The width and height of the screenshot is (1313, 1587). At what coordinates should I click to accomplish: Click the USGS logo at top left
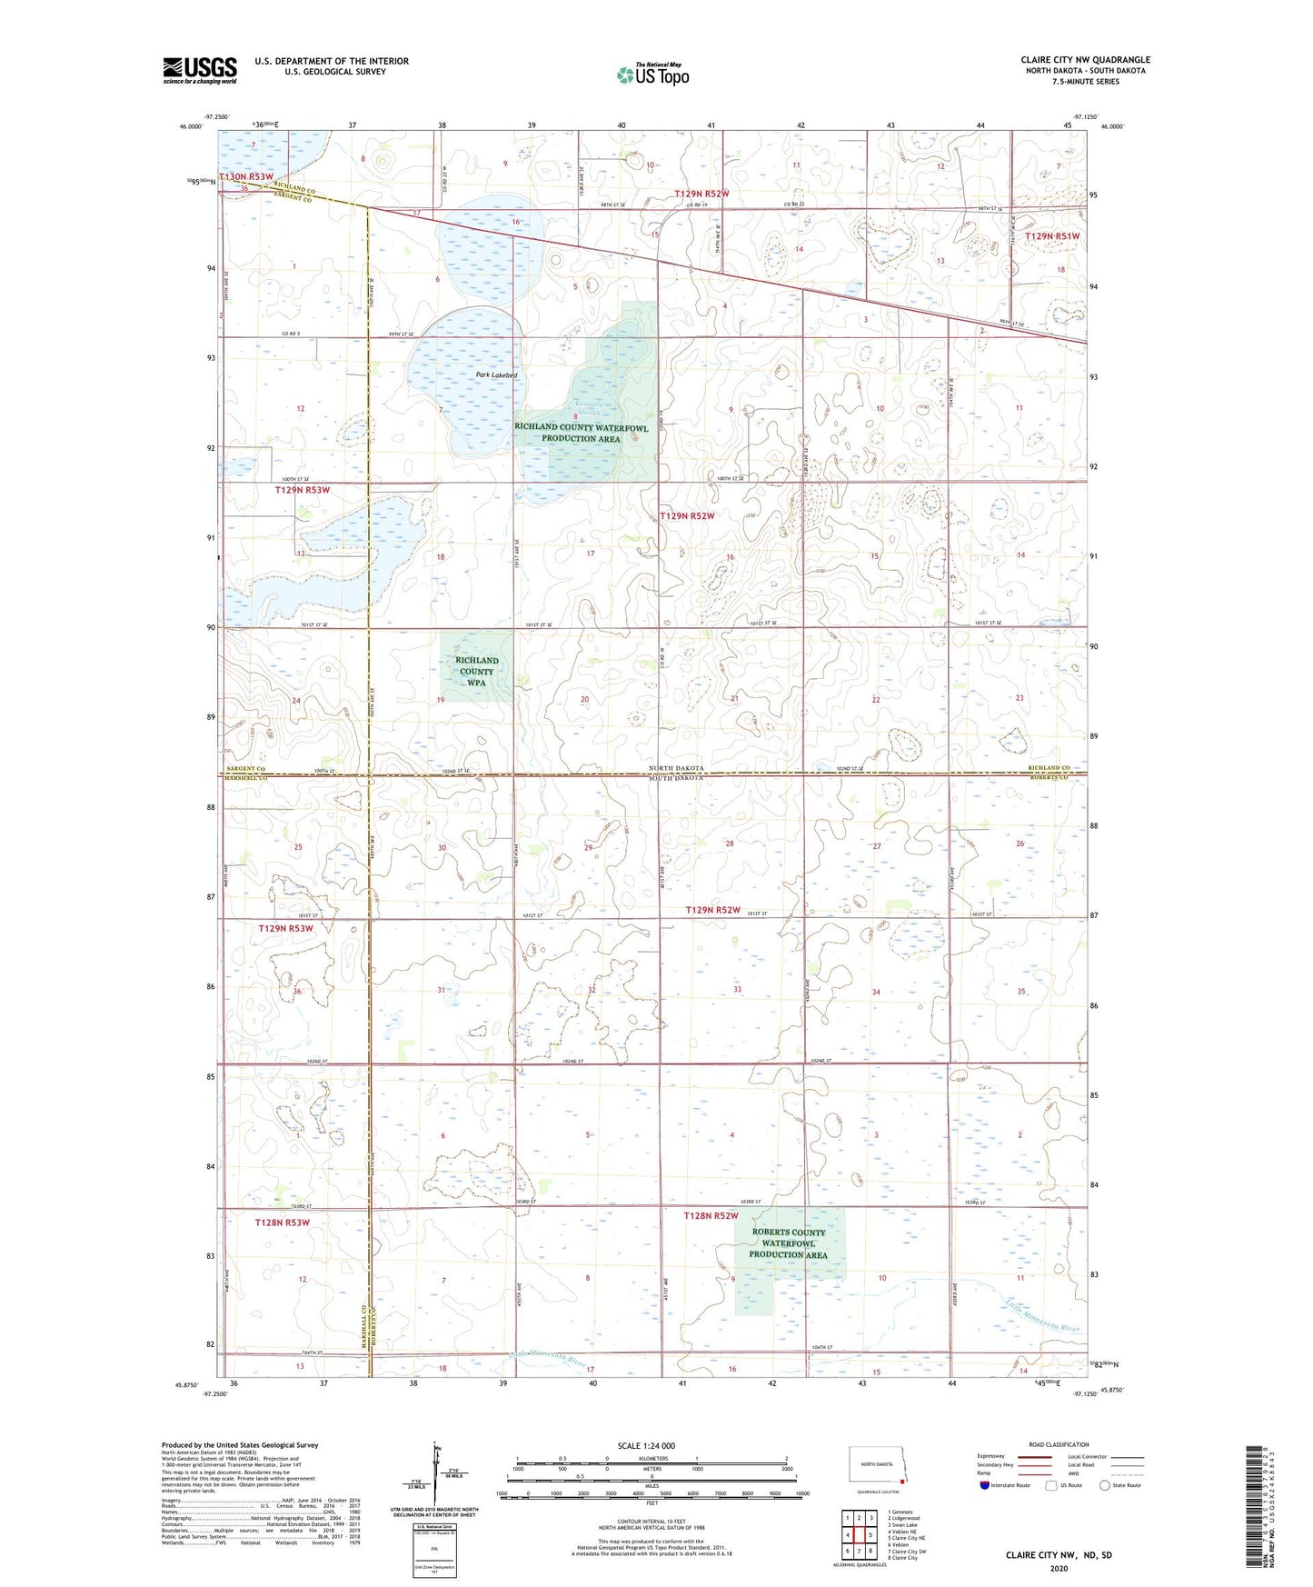(200, 70)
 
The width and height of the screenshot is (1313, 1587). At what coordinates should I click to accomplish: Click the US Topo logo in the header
(652, 75)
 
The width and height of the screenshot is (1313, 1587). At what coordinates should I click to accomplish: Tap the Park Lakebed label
(497, 374)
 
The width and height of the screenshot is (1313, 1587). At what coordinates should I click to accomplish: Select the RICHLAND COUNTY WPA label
(476, 672)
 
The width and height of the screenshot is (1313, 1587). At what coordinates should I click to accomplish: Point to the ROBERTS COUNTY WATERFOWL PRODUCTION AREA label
(788, 1243)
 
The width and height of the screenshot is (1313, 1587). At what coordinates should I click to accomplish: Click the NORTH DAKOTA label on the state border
(676, 768)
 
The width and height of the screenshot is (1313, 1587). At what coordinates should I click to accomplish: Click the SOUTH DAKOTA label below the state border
(676, 779)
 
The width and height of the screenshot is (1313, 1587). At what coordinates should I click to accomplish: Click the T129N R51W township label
(1052, 236)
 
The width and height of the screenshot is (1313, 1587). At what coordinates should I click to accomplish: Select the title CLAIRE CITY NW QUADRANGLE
(1085, 60)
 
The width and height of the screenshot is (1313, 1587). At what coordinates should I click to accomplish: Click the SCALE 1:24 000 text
(646, 1445)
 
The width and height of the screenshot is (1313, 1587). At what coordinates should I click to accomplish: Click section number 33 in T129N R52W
(737, 989)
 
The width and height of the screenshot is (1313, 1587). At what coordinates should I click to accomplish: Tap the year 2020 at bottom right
(1058, 1568)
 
